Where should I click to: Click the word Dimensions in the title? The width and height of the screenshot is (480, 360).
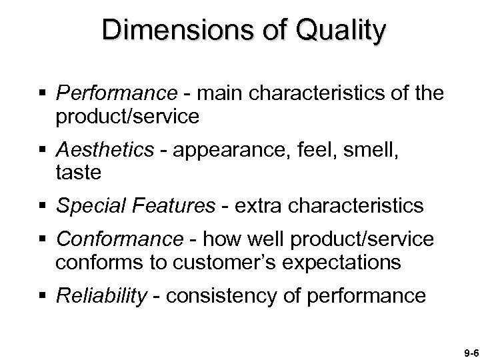point(150,31)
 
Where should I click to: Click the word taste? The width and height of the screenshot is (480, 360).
point(79,173)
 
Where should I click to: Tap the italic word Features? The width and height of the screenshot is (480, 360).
point(168,207)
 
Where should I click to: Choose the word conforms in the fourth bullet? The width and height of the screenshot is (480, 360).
point(100,262)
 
